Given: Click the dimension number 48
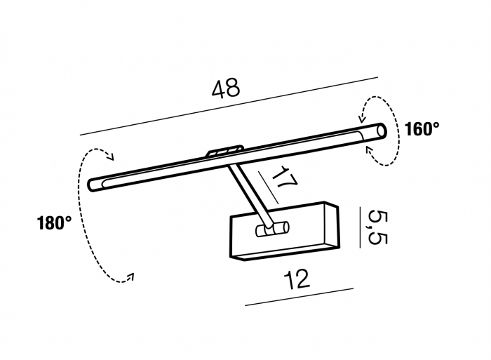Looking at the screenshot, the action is point(226,88).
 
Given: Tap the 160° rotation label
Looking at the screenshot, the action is point(422,129).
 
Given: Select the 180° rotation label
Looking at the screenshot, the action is point(54,223).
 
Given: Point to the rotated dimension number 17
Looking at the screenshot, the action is point(284,177).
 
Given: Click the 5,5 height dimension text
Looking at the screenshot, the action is point(378,228).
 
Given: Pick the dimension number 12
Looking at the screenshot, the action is point(297,279).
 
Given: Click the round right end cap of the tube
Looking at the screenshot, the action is point(382,131).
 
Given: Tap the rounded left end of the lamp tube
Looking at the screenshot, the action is point(93,185).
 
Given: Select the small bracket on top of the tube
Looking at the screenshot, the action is point(225,151).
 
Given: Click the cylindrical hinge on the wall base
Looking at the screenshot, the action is point(272,229).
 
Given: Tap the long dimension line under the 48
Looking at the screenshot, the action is point(229,106).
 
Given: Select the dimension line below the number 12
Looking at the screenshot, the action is point(299,297).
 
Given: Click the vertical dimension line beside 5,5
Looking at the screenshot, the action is point(360,227).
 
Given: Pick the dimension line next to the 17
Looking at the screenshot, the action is point(269,187).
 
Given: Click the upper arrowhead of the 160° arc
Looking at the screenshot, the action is point(362,118).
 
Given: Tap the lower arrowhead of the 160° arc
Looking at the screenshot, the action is point(370,150).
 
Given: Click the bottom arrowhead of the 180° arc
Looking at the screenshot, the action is point(130,276).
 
